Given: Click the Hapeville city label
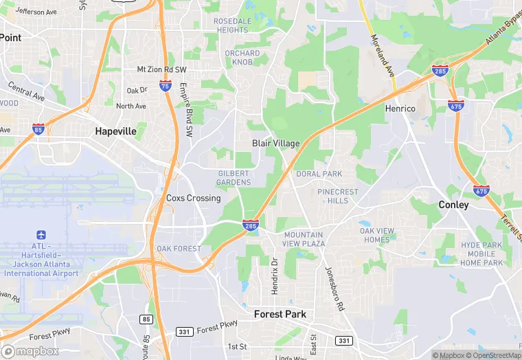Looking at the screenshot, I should coord(115,131).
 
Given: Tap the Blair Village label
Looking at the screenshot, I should coord(275,144).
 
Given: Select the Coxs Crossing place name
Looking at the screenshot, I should coord(194,198).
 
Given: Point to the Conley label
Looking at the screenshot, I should coord(453,205).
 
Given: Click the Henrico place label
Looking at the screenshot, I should coord(400,109).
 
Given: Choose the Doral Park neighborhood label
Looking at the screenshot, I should coord(319,174).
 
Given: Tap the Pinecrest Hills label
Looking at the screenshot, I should coord(338,196).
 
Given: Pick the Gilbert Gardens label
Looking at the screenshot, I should coord(234,178).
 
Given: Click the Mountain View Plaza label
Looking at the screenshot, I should coord(304,239).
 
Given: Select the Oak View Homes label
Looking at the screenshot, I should coord(378,235).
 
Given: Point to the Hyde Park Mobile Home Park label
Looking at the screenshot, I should coord(481,254).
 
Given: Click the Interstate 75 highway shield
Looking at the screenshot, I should coord(166,86).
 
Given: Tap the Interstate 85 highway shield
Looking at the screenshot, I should coord(38,128).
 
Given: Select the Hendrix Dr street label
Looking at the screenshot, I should coord(275,276).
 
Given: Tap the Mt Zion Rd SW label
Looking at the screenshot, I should coord(161,69).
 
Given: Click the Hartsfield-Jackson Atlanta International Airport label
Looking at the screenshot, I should coord(41,260).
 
